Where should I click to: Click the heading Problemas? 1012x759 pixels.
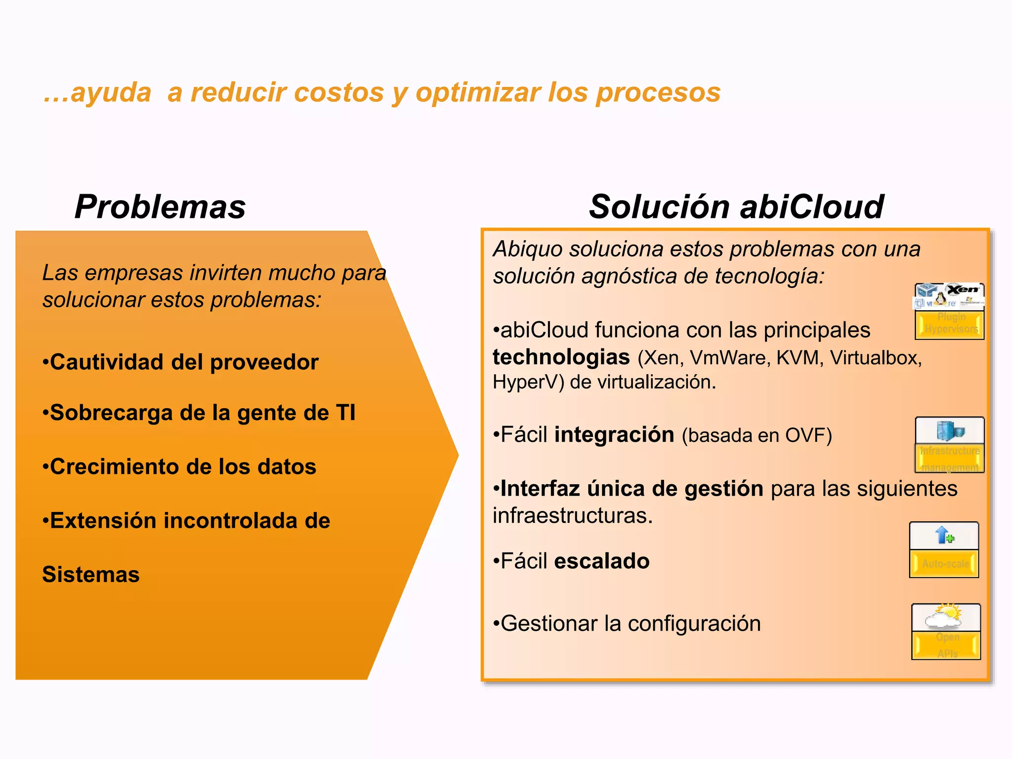point(160,207)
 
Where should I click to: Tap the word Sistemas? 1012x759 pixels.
point(91,575)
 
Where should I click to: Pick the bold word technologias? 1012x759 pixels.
point(561,357)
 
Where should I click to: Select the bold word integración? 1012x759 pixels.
point(614,435)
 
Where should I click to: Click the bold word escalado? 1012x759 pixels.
point(602,561)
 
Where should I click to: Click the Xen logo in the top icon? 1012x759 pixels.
point(963,290)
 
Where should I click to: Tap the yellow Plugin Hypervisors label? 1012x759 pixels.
point(950,324)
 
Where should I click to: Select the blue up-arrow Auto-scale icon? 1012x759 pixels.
point(944,535)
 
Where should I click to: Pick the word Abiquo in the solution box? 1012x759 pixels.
point(528,249)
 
